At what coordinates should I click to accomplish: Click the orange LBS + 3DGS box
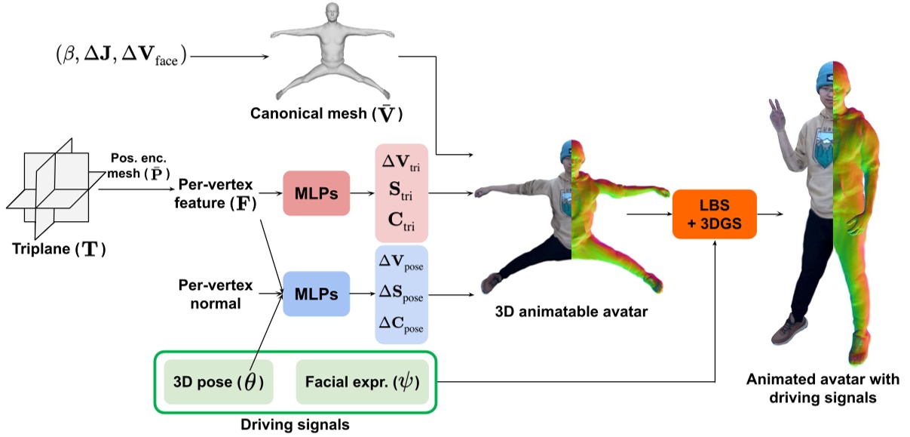click(x=713, y=214)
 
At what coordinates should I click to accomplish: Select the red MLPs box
click(x=316, y=194)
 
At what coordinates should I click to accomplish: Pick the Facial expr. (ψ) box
click(x=361, y=382)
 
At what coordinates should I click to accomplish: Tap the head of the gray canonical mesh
click(x=330, y=14)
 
